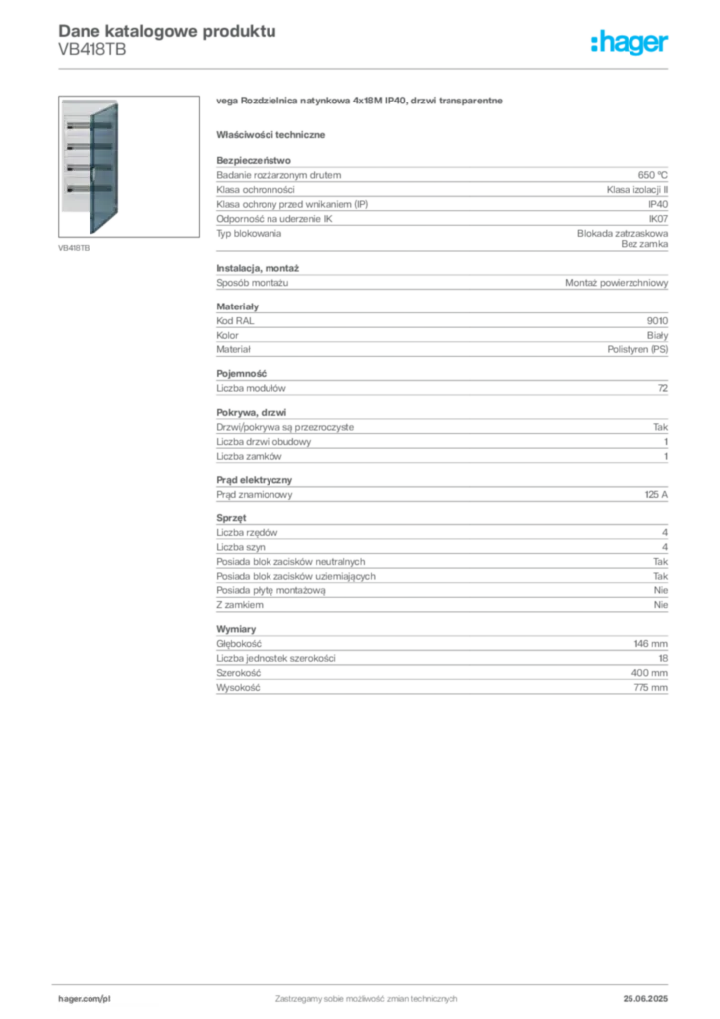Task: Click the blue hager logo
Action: click(631, 44)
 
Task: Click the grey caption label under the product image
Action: click(76, 246)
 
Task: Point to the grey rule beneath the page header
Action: click(398, 68)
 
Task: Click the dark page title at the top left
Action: click(165, 30)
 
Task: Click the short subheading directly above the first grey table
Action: click(273, 134)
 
